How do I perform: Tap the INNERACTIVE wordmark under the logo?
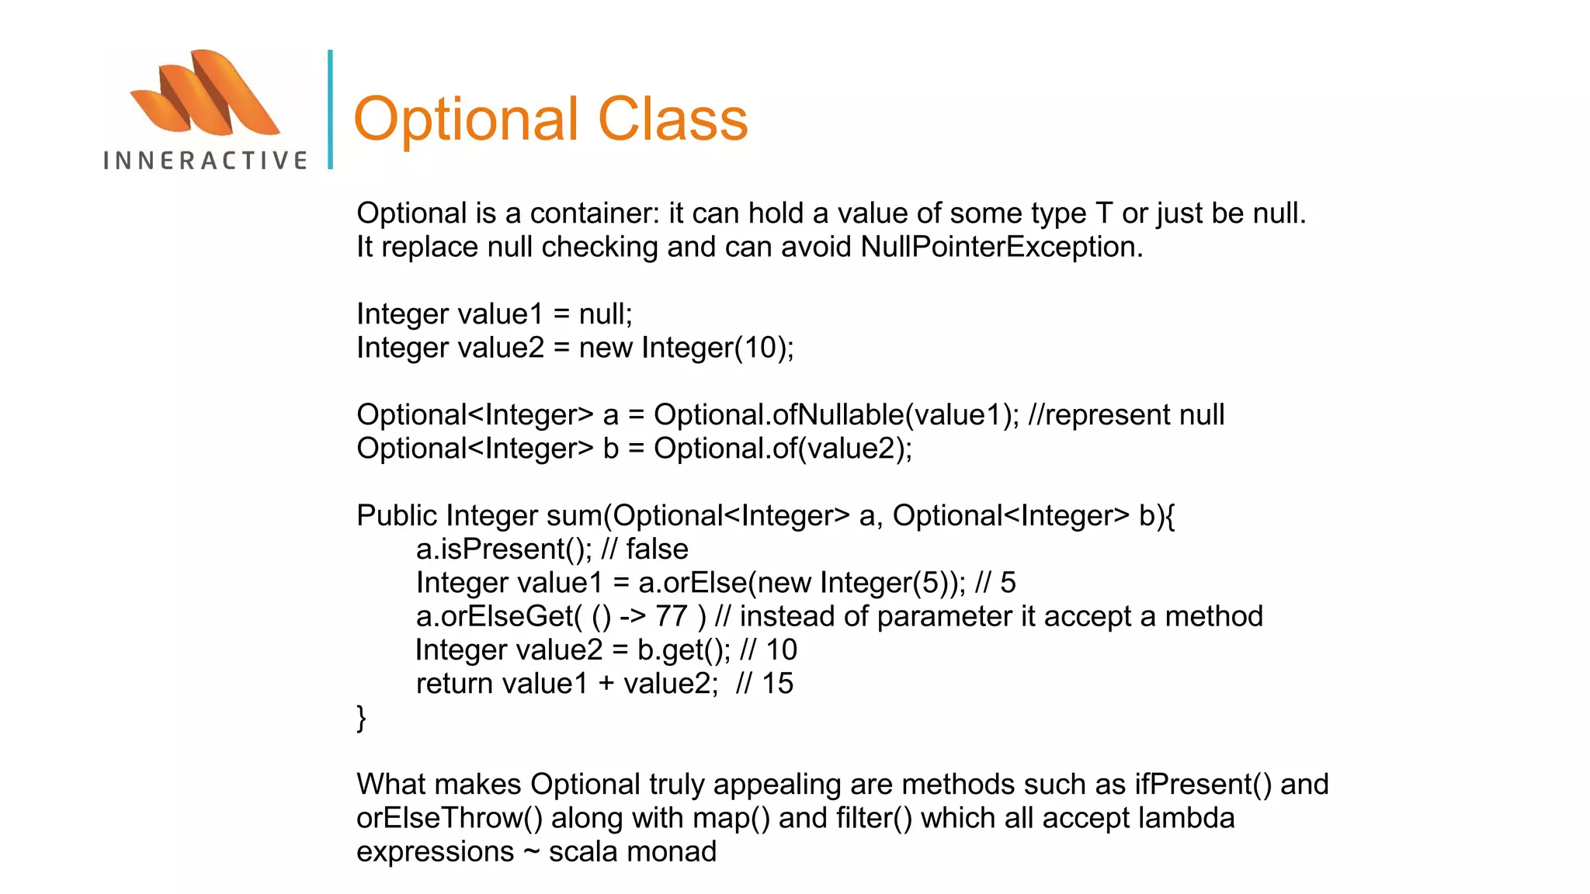(x=205, y=161)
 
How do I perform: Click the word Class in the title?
(x=672, y=119)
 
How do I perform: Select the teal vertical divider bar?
(x=331, y=109)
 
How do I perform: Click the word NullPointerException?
(x=1001, y=247)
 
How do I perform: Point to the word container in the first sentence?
(x=594, y=213)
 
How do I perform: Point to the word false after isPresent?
(x=657, y=549)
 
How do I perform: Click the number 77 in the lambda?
(x=672, y=617)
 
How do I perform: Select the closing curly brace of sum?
(x=361, y=717)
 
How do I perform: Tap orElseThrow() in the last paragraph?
(x=449, y=819)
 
